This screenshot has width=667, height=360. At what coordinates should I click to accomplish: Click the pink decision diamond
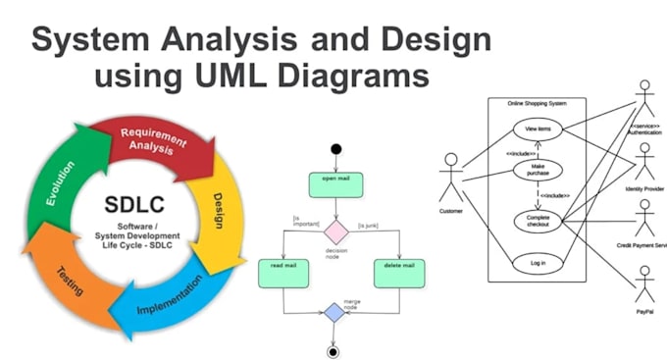[x=336, y=231]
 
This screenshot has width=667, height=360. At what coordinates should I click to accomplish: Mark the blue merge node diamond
[x=335, y=312]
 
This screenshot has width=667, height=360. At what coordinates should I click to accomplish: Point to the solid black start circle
[x=336, y=149]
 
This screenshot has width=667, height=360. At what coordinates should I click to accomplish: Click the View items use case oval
[x=539, y=129]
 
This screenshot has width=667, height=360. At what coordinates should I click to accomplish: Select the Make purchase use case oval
[x=539, y=171]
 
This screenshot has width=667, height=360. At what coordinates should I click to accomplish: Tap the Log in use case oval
[x=538, y=262]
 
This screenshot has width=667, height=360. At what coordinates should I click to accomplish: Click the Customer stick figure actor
[x=450, y=177]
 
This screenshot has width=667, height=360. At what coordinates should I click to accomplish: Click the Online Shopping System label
[x=537, y=103]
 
